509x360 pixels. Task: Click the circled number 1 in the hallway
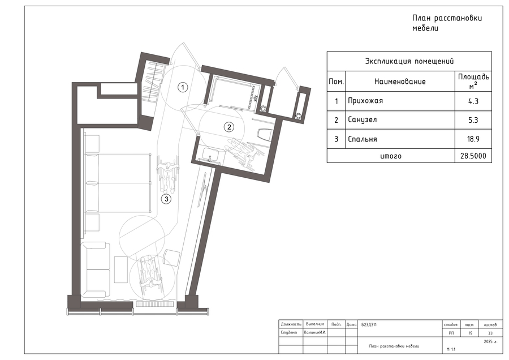tap(183, 87)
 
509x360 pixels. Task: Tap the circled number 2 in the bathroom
tap(229, 127)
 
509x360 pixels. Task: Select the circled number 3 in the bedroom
tap(166, 199)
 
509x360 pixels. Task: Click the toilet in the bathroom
tap(264, 135)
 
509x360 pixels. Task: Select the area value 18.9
tap(473, 139)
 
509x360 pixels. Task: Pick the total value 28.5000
tap(473, 156)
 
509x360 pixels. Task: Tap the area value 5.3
tap(473, 120)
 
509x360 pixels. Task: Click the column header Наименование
tap(400, 82)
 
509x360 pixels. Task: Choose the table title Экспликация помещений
tap(409, 61)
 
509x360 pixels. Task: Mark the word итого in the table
tap(391, 156)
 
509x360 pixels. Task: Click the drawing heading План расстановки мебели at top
tap(447, 23)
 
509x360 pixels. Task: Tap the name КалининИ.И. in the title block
tap(315, 333)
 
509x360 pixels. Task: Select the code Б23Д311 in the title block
tap(369, 324)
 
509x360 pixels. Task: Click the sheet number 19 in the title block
tap(471, 333)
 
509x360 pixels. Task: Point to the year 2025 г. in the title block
tap(490, 341)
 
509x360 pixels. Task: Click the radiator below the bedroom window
tap(155, 304)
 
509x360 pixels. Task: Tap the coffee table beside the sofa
tap(121, 269)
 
